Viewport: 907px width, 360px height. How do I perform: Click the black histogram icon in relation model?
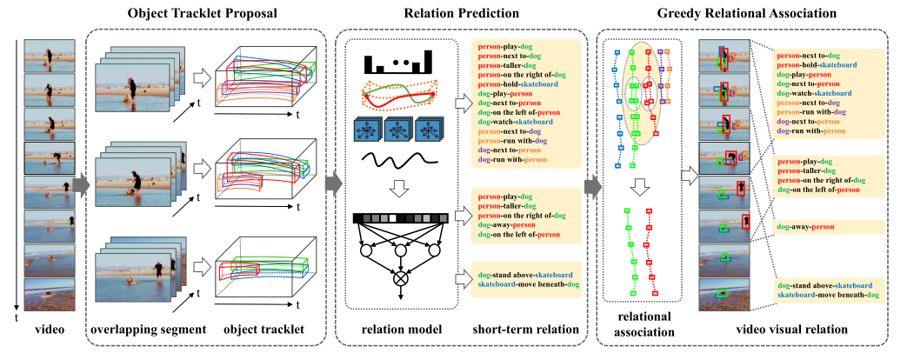coord(398,63)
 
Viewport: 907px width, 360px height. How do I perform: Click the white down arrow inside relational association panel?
coord(639,185)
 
